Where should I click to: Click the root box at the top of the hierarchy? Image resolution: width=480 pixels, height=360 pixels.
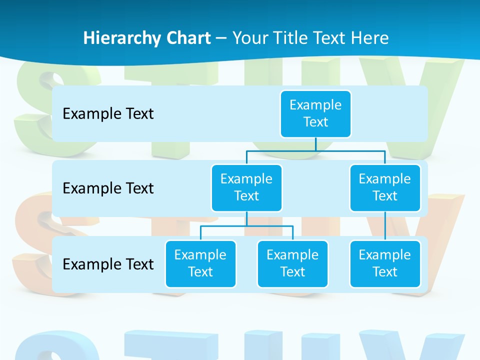pos(315,113)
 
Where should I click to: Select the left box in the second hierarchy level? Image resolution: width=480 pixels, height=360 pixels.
pos(246,187)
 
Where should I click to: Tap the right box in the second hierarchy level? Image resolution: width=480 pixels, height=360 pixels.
pos(385,187)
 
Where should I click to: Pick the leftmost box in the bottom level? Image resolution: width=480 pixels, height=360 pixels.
pos(200,263)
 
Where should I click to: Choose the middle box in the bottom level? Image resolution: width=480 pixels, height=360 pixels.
pos(292,263)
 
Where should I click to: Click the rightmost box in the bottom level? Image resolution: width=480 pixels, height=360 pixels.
pos(385,263)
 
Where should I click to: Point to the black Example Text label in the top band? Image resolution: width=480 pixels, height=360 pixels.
pos(108,114)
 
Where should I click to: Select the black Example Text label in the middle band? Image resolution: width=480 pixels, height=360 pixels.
pos(108,188)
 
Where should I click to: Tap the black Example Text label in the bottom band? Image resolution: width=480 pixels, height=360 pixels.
pos(108,264)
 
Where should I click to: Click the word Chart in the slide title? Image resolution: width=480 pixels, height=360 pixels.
pos(186,38)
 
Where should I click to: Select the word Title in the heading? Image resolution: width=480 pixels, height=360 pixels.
pos(289,38)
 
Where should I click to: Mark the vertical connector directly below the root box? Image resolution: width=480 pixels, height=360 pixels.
pos(315,144)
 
